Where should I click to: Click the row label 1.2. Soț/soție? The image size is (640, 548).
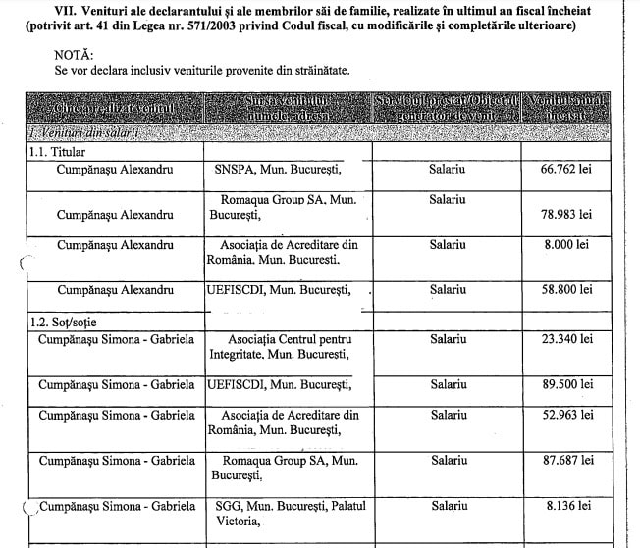click(x=68, y=321)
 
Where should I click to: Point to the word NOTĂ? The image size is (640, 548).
click(x=77, y=56)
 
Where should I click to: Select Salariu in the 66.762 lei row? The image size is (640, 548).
click(x=447, y=170)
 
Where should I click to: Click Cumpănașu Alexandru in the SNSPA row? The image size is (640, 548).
click(x=116, y=170)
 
